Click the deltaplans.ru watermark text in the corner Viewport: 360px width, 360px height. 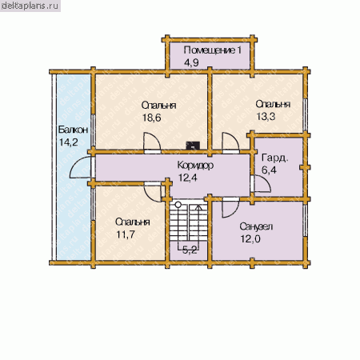(x=30, y=6)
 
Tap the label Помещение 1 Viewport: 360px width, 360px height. (x=213, y=50)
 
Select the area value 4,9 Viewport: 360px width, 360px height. (x=191, y=62)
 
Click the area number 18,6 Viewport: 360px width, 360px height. (x=151, y=118)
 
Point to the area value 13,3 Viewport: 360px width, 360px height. (x=266, y=116)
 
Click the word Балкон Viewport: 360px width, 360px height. (x=73, y=130)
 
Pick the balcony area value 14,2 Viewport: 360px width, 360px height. (x=69, y=142)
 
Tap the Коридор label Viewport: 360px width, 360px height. (x=195, y=165)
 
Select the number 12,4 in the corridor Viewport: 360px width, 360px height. (x=188, y=178)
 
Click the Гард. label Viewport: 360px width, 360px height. (x=275, y=158)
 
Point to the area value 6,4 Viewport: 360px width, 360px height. (x=269, y=170)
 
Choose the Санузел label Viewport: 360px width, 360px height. (x=256, y=227)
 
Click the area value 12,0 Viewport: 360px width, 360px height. (x=250, y=239)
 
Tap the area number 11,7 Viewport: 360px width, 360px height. (x=126, y=234)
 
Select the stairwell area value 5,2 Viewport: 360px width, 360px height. (x=190, y=250)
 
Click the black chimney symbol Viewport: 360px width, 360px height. (x=193, y=146)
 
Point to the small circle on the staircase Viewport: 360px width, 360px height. (x=178, y=205)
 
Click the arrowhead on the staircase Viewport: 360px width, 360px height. (x=198, y=207)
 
